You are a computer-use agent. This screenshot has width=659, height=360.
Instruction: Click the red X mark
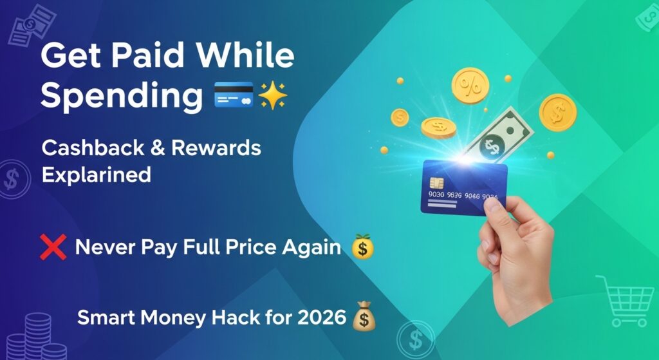(53, 247)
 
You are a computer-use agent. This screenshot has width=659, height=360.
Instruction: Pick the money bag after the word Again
(362, 247)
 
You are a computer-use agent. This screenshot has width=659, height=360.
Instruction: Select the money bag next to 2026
(364, 317)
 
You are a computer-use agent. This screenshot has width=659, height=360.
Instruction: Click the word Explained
(97, 174)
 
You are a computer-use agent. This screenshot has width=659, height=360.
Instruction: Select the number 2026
(319, 317)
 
